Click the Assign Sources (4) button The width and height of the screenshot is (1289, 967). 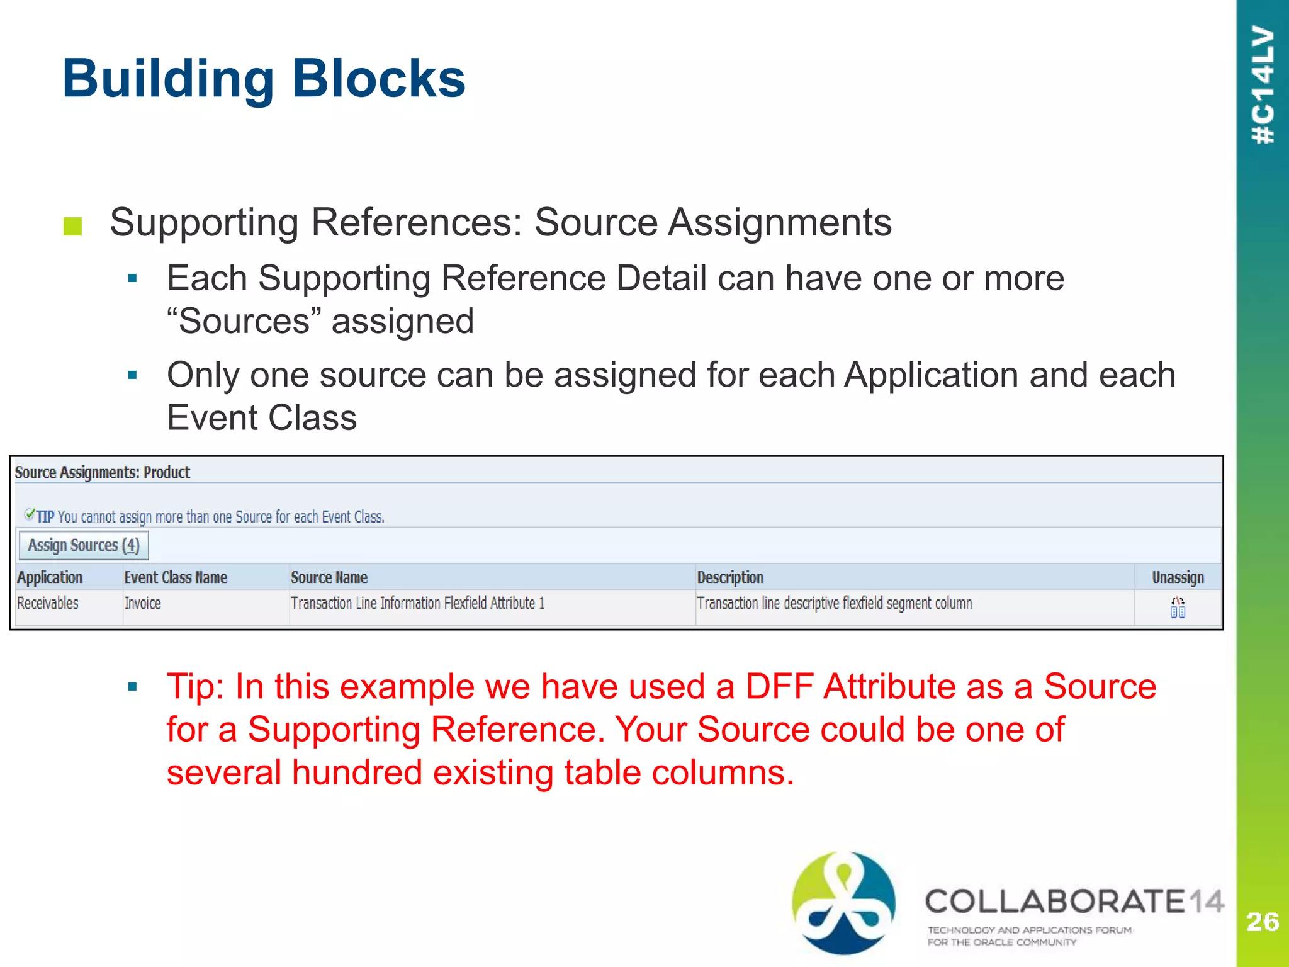(84, 545)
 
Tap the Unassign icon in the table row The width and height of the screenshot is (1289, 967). (1178, 608)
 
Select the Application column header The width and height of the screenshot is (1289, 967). (50, 577)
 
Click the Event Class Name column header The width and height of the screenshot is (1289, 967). (176, 577)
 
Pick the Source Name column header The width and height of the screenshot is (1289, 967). (329, 577)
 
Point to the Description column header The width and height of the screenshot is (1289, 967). (730, 577)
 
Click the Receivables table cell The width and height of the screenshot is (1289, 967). (48, 603)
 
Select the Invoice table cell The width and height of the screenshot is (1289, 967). (143, 603)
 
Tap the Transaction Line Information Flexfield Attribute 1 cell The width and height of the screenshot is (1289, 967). (417, 603)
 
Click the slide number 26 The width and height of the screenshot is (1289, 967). (1262, 922)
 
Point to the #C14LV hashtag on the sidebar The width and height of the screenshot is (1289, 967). (1263, 85)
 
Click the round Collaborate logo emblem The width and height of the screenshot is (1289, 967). (843, 903)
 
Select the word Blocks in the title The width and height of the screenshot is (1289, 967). (379, 79)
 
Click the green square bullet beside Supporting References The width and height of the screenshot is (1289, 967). (73, 227)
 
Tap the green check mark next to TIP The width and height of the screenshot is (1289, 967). (29, 515)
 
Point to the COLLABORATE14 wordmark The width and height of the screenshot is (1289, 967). (1074, 902)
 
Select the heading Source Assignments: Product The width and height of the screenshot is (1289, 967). (103, 472)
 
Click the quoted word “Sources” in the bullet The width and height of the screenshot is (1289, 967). (244, 321)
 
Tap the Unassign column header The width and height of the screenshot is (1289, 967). (1178, 577)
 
